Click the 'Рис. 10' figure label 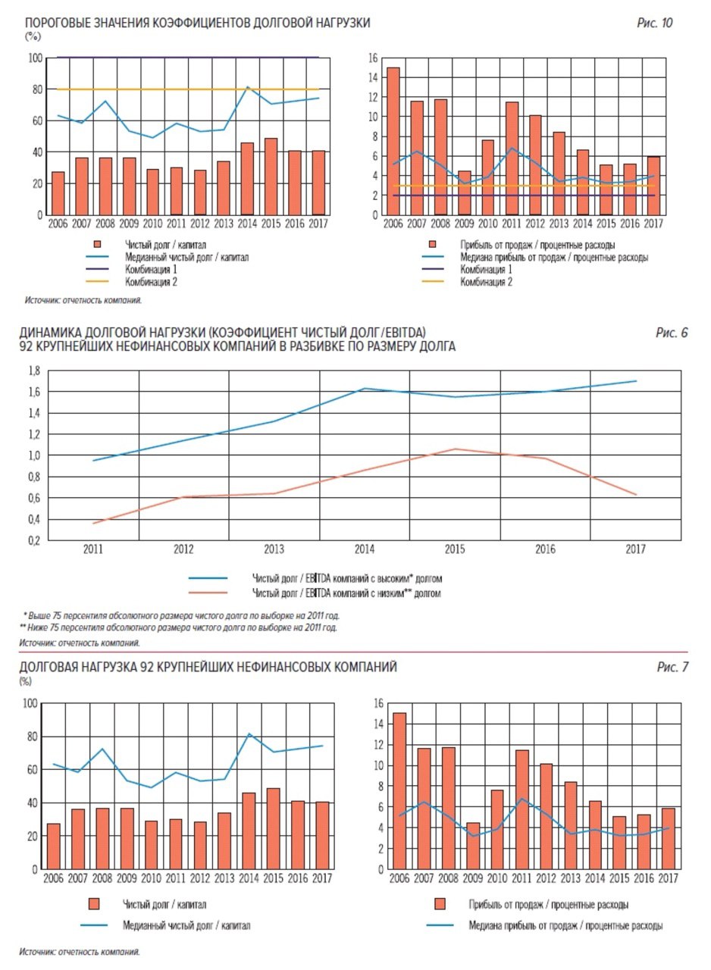click(654, 23)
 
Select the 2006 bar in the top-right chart click(393, 141)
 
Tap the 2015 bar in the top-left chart click(271, 177)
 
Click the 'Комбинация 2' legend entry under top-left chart click(132, 282)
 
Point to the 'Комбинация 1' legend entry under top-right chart click(467, 269)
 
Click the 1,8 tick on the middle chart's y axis click(34, 371)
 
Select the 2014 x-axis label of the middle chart click(365, 549)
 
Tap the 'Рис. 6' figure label click(672, 333)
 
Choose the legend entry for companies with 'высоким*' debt click(315, 578)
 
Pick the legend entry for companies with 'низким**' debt click(315, 593)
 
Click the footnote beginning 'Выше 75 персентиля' click(181, 615)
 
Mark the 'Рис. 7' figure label click(672, 667)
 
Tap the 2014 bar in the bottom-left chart click(249, 831)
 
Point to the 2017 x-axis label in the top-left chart click(318, 224)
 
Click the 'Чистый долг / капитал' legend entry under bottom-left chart click(147, 904)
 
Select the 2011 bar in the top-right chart click(512, 158)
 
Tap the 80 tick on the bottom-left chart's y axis click(33, 736)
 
